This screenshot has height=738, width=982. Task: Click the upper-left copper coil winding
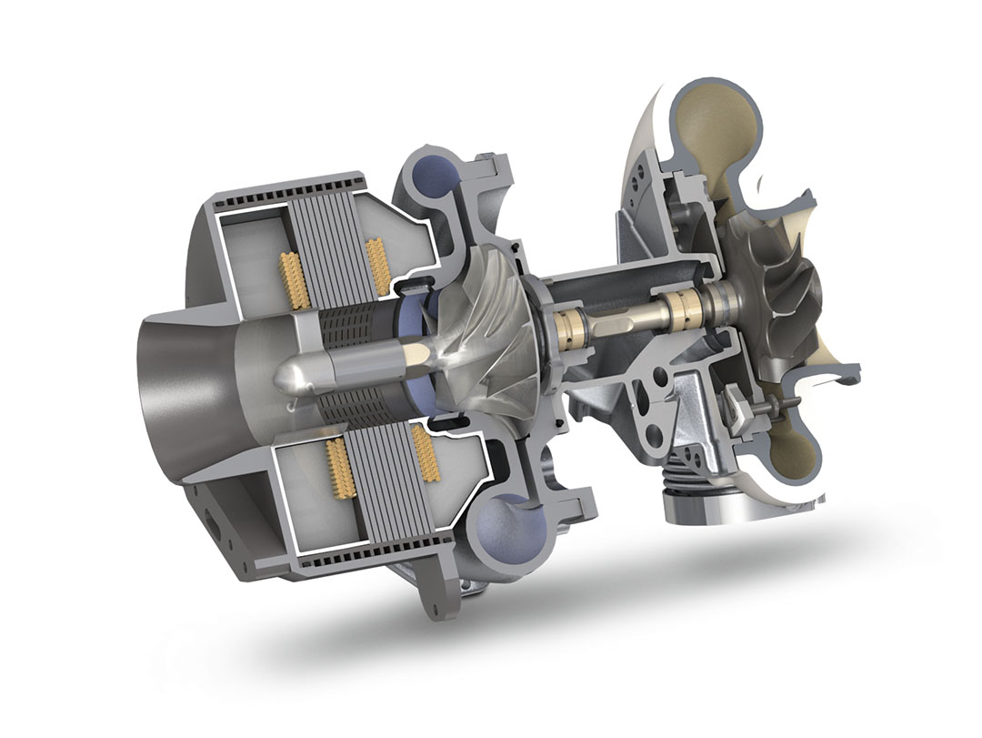[x=293, y=278]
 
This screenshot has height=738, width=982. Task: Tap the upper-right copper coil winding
[x=376, y=259]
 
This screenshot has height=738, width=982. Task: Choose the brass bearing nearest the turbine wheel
[x=677, y=305]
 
